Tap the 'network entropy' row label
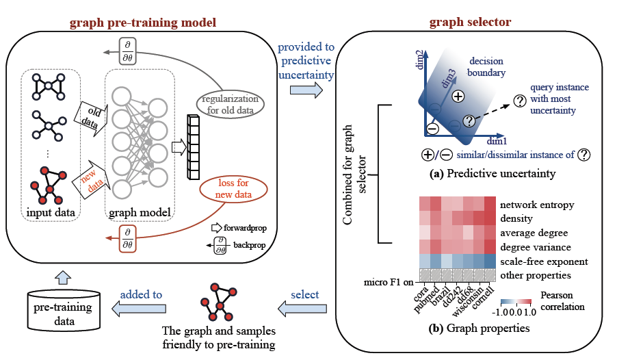[537, 205]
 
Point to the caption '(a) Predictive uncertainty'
[492, 174]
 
